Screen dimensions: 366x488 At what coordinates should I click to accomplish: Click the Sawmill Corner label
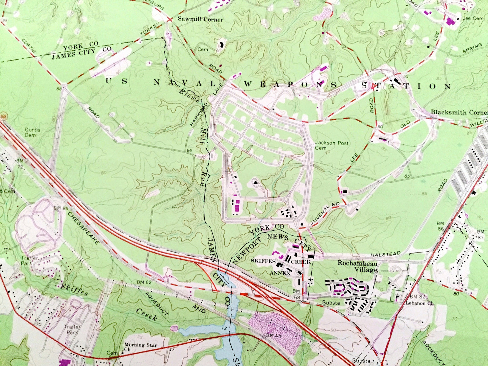pyautogui.click(x=201, y=20)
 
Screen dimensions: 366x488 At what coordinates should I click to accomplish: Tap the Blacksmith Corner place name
pyautogui.click(x=459, y=112)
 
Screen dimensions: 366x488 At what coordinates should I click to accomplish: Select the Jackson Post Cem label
pyautogui.click(x=327, y=145)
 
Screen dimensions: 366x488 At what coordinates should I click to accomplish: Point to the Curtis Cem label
pyautogui.click(x=32, y=132)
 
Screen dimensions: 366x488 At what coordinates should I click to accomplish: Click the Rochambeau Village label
pyautogui.click(x=358, y=266)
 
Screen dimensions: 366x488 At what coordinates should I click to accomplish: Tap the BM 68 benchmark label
pyautogui.click(x=296, y=293)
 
